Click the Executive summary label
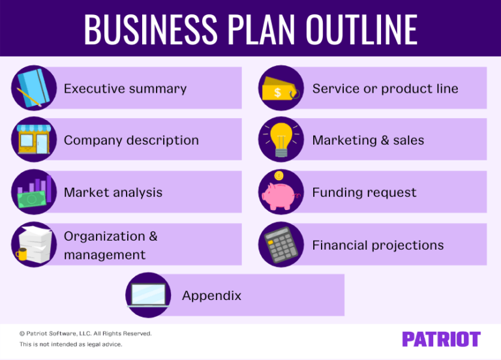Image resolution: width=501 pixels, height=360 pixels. [x=125, y=89]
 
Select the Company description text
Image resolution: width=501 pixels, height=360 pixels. [x=131, y=140]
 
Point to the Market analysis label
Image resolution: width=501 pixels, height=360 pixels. [x=113, y=192]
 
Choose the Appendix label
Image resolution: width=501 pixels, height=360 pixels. [x=211, y=295]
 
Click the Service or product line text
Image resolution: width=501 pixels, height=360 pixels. [x=385, y=89]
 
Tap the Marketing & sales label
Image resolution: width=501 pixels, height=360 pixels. [x=368, y=140]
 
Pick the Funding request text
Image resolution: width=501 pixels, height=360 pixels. [x=364, y=192]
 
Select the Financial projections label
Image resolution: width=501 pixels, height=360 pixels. [x=378, y=245]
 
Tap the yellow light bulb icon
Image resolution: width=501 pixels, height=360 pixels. [x=281, y=139]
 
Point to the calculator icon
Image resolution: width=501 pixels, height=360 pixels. [x=281, y=245]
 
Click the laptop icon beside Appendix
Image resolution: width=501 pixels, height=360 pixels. [x=149, y=295]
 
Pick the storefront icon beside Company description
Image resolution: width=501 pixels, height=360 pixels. [x=33, y=139]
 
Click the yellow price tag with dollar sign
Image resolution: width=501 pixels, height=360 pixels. [x=280, y=92]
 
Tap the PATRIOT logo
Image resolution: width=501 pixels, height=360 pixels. [x=441, y=339]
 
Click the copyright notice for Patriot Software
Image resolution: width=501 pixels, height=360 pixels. [x=85, y=333]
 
